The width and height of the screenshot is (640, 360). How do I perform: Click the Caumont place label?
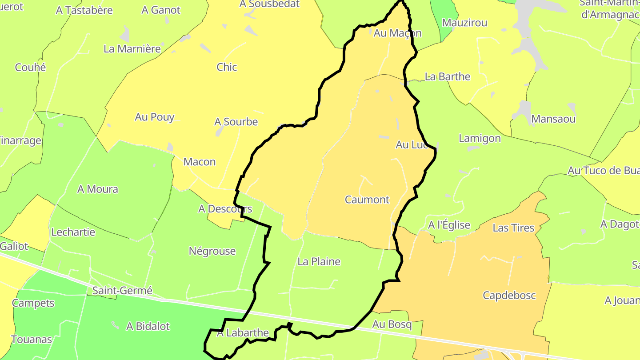367,200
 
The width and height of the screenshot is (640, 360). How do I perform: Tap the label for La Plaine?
319,261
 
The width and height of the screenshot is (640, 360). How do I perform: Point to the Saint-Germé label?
122,291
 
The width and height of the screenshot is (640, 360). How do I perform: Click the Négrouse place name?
212,251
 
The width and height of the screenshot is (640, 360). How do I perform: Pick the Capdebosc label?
509,295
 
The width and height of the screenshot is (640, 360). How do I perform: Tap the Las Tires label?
513,228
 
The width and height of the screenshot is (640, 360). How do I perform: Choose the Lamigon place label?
480,138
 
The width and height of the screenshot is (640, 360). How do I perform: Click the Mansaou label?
553,119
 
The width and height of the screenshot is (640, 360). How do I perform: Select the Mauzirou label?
465,23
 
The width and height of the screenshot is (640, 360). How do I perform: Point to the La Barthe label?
448,76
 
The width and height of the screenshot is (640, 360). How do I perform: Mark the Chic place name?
227,67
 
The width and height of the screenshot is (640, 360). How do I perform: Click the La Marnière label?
132,49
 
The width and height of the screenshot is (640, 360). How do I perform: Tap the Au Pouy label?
155,117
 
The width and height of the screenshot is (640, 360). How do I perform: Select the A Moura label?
98,189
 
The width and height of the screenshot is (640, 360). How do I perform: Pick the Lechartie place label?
73,232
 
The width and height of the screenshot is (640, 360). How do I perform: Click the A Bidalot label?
148,326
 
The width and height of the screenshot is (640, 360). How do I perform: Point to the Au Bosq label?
392,324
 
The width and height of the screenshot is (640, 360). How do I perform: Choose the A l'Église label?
449,225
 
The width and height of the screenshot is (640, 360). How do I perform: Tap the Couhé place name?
30,67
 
